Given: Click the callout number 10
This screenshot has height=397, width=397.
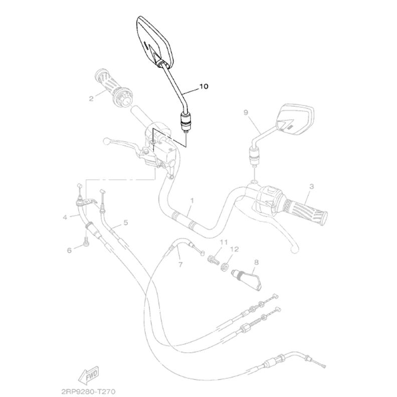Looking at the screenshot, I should coord(205,86).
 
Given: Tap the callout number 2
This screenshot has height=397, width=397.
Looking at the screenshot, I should coord(91,99).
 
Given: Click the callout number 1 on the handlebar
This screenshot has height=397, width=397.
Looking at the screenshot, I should coord(191,201).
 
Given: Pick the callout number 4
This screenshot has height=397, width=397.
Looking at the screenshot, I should coord(65,217).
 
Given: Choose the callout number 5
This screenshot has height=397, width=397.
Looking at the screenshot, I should coord(125,221).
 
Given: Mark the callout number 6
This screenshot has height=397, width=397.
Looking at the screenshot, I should coord(70,249).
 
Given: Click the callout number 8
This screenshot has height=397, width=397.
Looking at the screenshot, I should coord(256,262).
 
